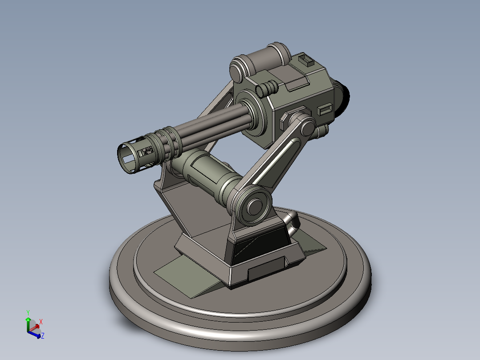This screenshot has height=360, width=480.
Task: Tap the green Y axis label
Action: coord(28,313)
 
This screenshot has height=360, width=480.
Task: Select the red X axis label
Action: coord(41,322)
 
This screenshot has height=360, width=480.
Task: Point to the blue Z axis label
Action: coord(43,336)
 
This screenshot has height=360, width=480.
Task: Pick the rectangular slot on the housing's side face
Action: coord(325,109)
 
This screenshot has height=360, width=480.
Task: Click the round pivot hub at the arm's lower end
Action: coord(254,206)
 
